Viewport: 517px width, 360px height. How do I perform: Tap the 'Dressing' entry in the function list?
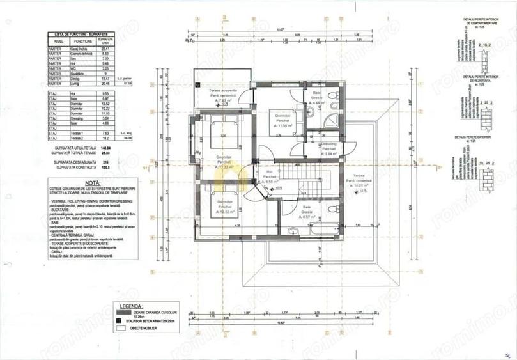[77, 118]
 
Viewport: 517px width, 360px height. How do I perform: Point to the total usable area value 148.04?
[97, 147]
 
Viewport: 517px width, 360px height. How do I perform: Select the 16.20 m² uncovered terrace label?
[359, 182]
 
